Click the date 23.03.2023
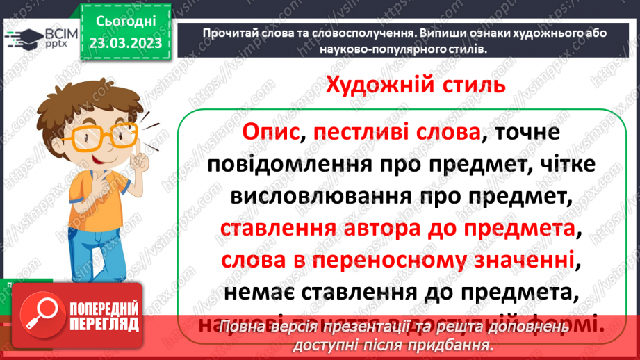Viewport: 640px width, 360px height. click(x=125, y=43)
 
